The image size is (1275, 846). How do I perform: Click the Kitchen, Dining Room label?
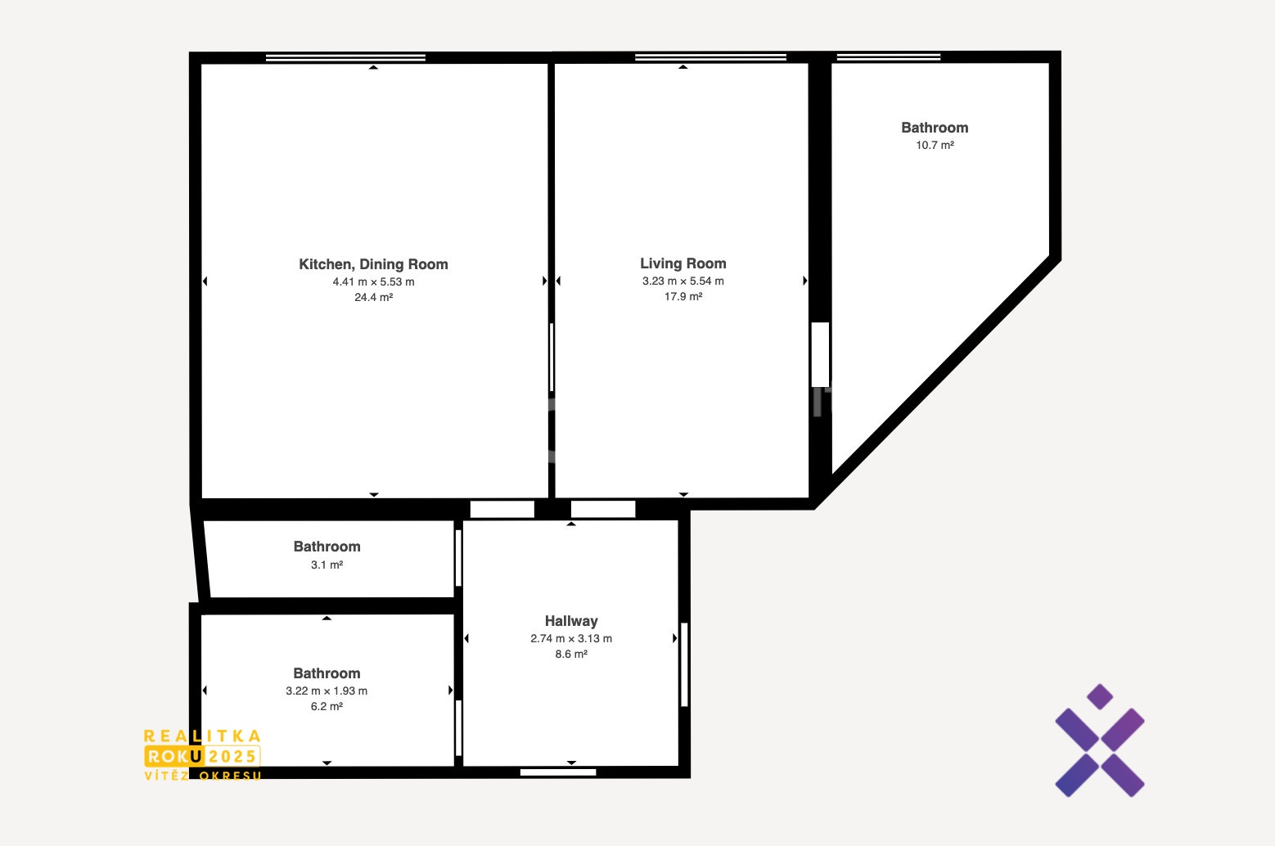[373, 264]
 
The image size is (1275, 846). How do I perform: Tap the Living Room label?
[683, 263]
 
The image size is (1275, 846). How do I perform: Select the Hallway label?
[571, 621]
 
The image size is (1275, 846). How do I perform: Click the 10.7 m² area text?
[935, 145]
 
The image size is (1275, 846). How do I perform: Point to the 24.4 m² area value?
[373, 297]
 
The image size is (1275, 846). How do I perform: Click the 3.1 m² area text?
[327, 565]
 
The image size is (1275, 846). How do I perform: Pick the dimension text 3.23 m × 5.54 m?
[683, 281]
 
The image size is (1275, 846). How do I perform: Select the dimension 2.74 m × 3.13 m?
[571, 638]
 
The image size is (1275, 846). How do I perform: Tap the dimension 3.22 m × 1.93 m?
[327, 691]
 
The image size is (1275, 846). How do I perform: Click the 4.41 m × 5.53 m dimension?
[373, 281]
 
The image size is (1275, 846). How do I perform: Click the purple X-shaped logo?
[1100, 740]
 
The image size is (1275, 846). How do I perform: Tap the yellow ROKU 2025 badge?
[202, 756]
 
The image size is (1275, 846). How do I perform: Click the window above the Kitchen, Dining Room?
[345, 57]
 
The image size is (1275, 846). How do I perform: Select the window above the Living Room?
[710, 57]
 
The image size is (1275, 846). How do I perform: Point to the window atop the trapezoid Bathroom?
[889, 57]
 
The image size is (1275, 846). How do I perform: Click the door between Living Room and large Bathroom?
[820, 354]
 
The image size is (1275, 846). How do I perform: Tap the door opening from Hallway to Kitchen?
[502, 509]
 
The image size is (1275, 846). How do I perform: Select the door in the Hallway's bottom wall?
[558, 772]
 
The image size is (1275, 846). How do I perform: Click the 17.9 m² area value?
[683, 296]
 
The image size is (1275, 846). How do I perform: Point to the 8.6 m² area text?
[571, 655]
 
